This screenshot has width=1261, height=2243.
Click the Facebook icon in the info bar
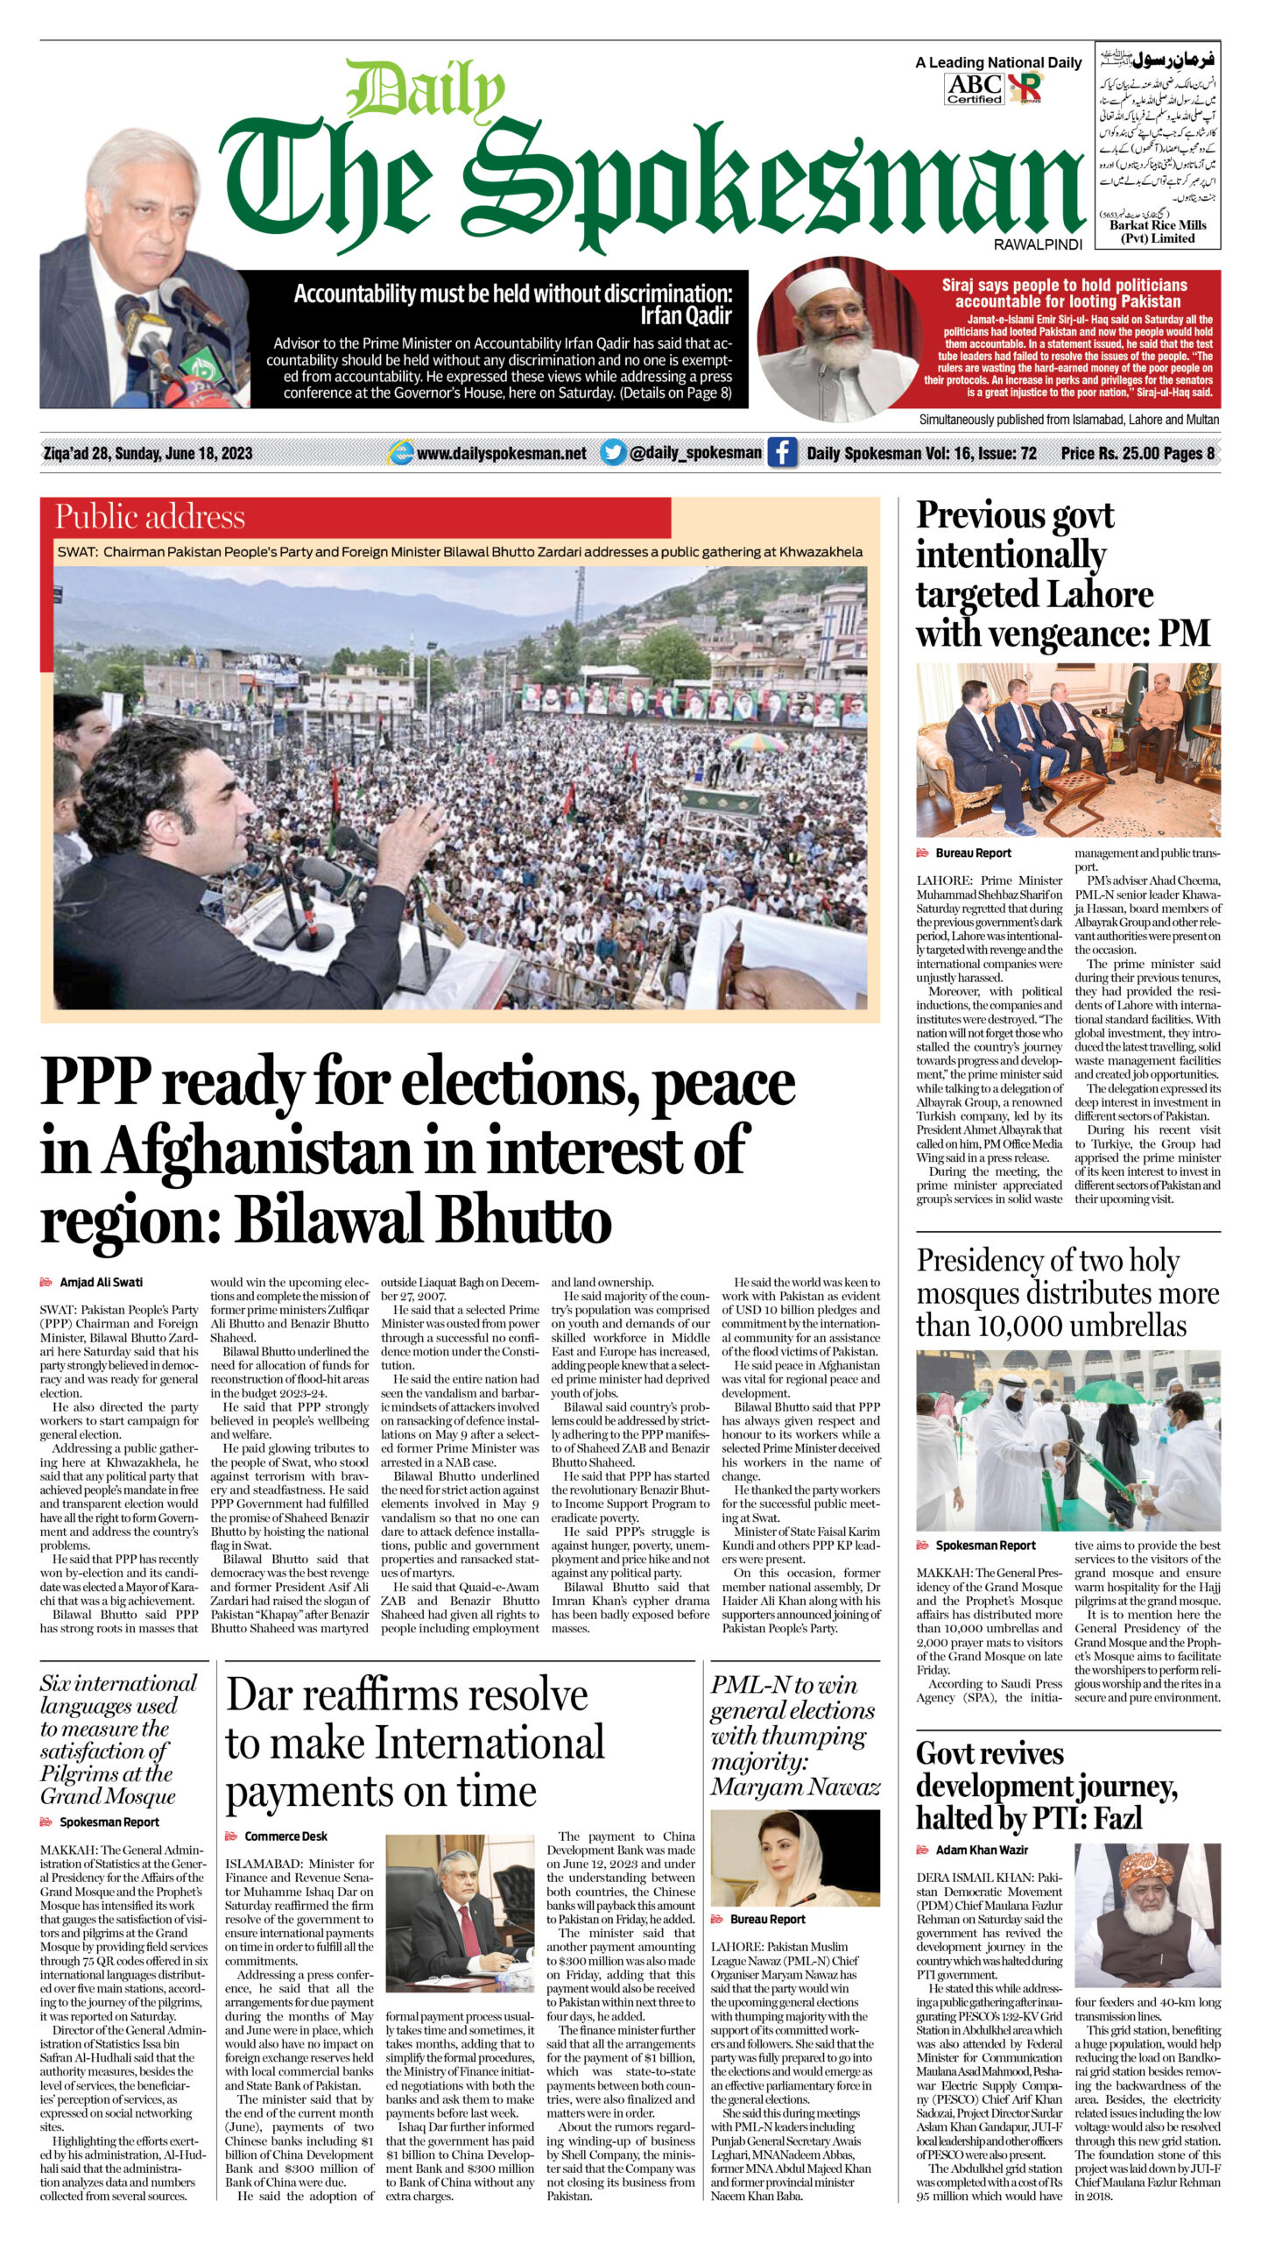(x=782, y=453)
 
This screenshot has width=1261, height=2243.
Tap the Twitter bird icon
(x=613, y=453)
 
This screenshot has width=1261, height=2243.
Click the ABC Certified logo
(x=974, y=88)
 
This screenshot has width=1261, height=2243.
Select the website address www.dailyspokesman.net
(x=501, y=453)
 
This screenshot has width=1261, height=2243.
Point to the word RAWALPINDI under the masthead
(x=1038, y=245)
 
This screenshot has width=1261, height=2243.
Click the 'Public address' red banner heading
(x=150, y=517)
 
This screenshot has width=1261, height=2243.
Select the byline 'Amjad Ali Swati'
(x=101, y=1282)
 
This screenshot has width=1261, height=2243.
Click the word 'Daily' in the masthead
(x=425, y=91)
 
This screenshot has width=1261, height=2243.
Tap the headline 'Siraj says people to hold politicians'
(x=1064, y=293)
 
